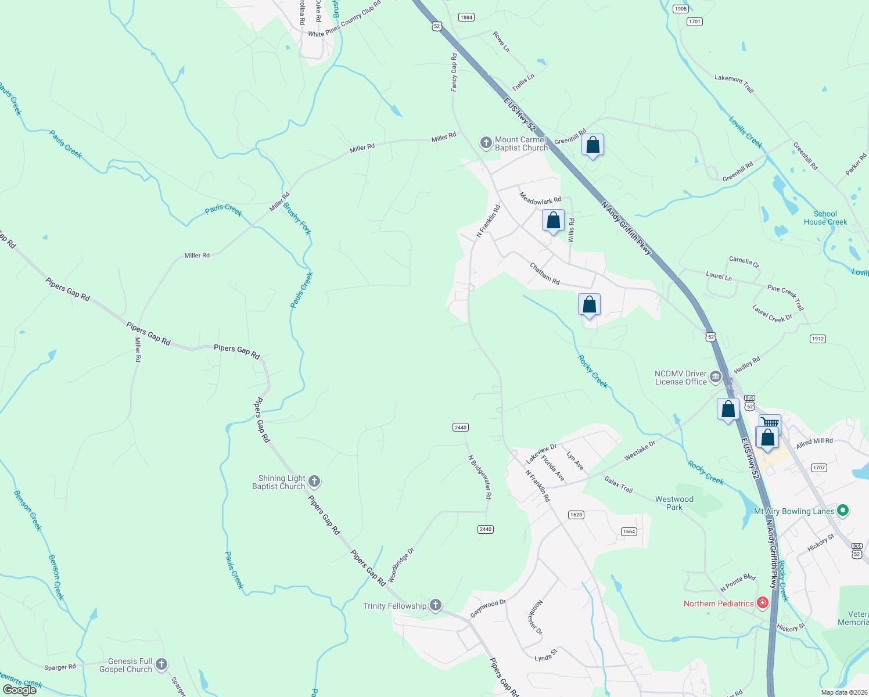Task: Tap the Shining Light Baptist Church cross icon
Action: tap(314, 482)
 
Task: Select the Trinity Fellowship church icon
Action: tap(436, 605)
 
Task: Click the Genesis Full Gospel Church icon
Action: tap(161, 664)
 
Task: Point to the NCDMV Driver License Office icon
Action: tap(716, 378)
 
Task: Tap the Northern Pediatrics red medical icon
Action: tap(763, 603)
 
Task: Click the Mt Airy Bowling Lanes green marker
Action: tap(843, 511)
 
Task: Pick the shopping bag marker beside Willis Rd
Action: tap(553, 221)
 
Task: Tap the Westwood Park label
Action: tap(674, 503)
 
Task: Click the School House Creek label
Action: tap(825, 218)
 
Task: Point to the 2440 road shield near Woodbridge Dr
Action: tap(486, 529)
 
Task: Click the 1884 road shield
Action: tap(466, 17)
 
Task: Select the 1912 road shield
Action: tap(818, 339)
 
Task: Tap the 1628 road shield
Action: tap(576, 515)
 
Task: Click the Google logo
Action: tap(20, 690)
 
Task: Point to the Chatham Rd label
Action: tap(544, 274)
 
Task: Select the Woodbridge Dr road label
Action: tap(401, 565)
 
